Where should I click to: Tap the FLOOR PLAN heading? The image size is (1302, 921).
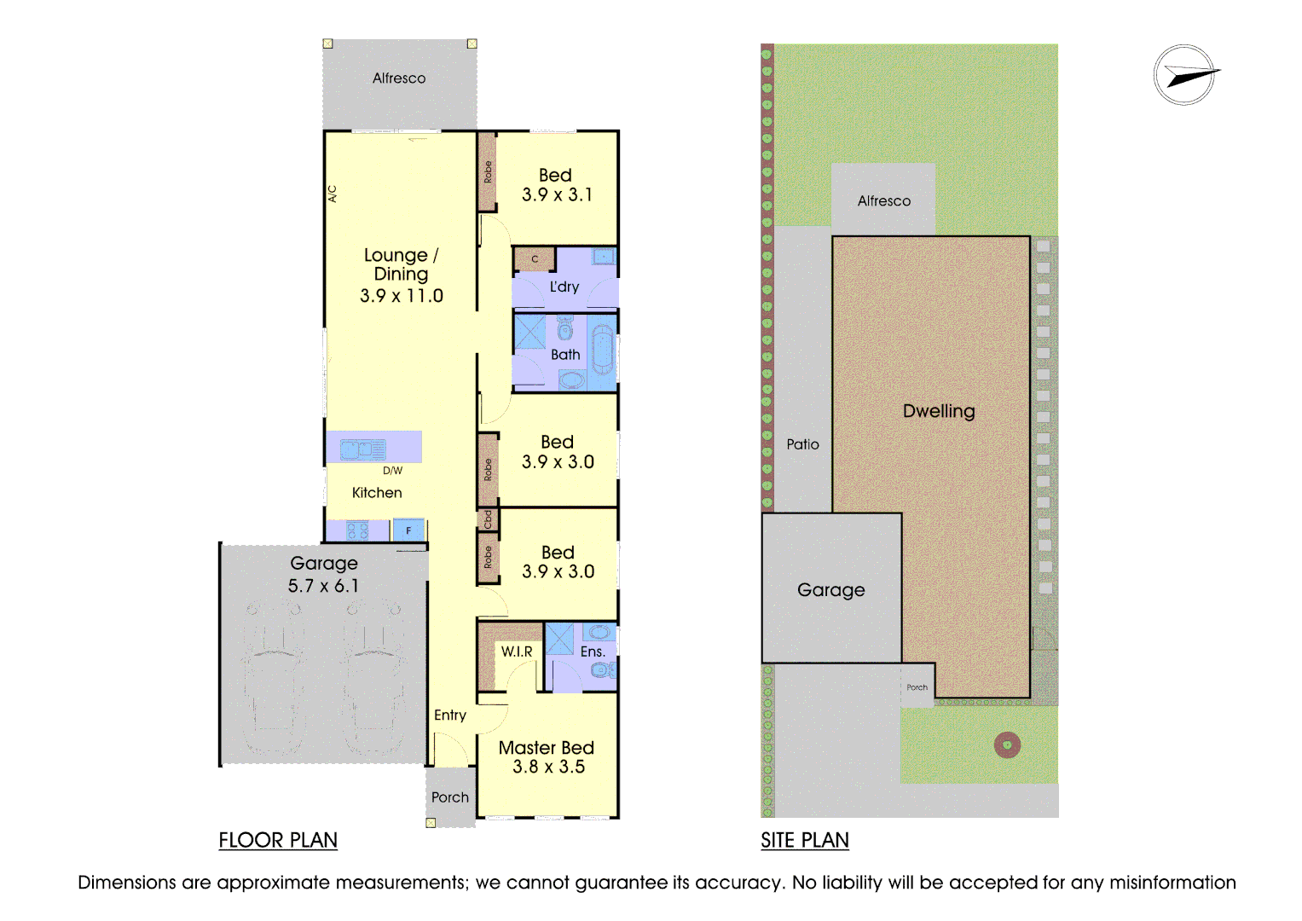[278, 840]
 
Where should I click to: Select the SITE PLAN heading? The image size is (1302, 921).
[804, 840]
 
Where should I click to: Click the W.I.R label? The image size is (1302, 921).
[517, 652]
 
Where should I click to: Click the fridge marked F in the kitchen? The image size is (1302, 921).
[408, 530]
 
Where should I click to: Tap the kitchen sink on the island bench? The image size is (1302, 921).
[362, 449]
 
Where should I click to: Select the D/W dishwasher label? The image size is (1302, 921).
[392, 471]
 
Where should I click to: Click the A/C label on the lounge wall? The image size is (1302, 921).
[333, 194]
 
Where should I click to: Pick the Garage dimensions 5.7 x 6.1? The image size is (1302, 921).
[323, 586]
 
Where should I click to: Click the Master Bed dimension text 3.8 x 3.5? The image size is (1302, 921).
[548, 767]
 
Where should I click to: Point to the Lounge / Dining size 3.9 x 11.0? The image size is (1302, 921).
[402, 296]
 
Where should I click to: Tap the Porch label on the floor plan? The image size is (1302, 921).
[450, 797]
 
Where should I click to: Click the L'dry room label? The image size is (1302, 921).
[564, 287]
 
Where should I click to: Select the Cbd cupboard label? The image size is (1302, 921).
[488, 519]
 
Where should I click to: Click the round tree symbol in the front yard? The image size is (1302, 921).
[1007, 745]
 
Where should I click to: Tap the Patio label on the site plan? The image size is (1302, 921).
[802, 444]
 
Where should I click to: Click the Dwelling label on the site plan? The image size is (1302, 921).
[939, 411]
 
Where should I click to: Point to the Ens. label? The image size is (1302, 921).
[593, 652]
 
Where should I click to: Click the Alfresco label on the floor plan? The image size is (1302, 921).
[399, 78]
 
